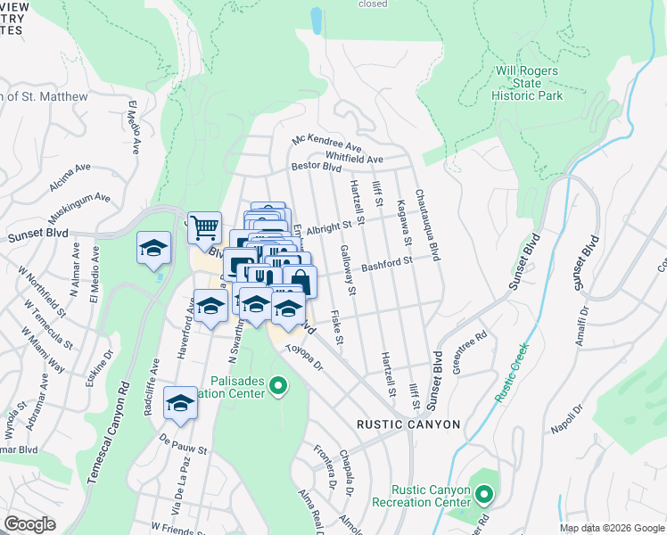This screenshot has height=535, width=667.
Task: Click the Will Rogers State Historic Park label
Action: click(x=529, y=83)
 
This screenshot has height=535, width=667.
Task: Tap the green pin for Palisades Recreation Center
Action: click(x=277, y=386)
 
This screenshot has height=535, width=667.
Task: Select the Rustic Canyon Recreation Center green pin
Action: click(x=483, y=493)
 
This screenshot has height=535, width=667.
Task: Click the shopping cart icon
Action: click(x=204, y=228)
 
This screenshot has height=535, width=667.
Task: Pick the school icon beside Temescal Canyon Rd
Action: click(x=153, y=248)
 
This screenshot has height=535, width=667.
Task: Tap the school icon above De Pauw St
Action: click(x=180, y=405)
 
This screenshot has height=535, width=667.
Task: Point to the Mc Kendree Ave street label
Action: click(x=327, y=144)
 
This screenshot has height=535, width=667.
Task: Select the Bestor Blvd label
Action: click(x=317, y=167)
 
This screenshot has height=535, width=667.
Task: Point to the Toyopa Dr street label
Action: click(x=309, y=352)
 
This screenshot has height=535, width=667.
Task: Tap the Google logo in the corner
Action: click(x=29, y=524)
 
